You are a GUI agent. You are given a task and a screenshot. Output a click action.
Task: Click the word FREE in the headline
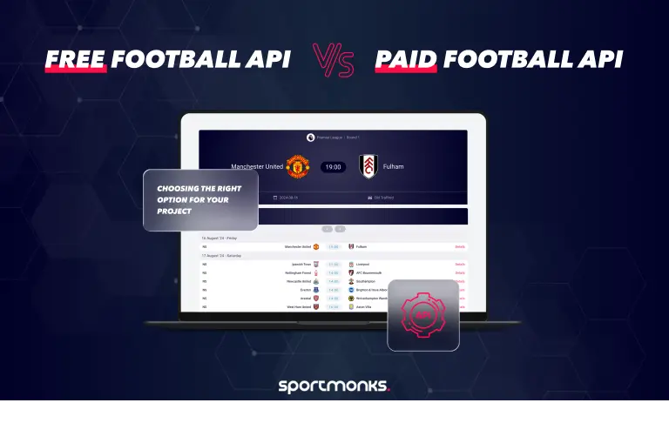pos(76,59)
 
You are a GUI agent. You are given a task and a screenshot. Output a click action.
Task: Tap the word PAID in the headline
pos(406,59)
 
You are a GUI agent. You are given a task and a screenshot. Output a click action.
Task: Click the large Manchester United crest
pos(298,166)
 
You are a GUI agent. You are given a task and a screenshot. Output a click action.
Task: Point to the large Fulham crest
pos(368,166)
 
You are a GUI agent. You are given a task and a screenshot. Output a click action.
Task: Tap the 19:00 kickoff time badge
pos(333,166)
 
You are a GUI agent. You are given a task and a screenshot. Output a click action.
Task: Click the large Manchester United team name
pos(257,166)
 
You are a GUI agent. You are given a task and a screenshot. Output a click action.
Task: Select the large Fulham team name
pos(394,166)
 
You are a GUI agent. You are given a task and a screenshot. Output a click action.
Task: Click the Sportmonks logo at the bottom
pos(334,386)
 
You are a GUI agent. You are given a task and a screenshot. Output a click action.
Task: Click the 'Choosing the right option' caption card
pos(200,199)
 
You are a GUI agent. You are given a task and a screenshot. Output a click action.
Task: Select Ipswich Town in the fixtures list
pos(301,264)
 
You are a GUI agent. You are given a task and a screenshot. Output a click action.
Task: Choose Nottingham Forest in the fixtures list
pos(297,272)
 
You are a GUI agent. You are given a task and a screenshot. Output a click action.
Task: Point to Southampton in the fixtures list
pos(367,281)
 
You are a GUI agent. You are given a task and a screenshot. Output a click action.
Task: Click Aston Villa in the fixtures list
pos(365,307)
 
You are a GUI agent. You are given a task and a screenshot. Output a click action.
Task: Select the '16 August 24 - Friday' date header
pos(220,238)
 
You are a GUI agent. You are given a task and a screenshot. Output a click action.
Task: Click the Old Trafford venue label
pos(384,198)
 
